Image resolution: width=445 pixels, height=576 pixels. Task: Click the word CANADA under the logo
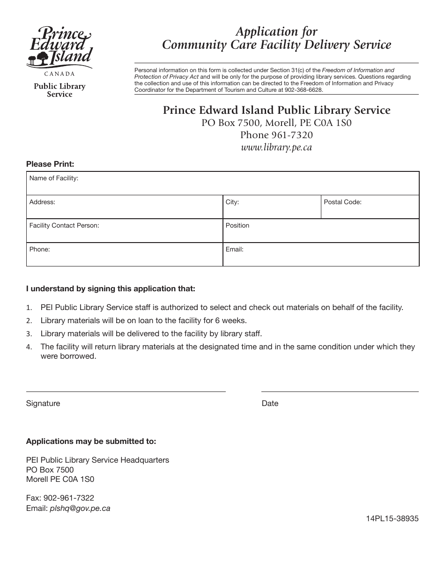(x=59, y=74)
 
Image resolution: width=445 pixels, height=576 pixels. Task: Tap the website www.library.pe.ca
(x=276, y=147)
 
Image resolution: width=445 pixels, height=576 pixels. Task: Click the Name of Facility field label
(x=54, y=178)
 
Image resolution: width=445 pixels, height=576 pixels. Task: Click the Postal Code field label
(x=342, y=202)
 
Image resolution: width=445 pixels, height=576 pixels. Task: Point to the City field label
(x=232, y=202)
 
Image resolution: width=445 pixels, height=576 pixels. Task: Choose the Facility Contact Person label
(x=64, y=225)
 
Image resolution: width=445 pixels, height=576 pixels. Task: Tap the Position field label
(x=237, y=225)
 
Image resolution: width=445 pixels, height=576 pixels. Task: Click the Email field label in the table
(x=234, y=249)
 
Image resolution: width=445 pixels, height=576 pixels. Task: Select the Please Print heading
(x=50, y=164)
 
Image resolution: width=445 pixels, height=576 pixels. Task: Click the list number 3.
(x=29, y=334)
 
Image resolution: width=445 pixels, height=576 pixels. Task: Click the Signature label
(x=43, y=403)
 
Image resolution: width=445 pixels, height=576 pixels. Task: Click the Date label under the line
(x=270, y=403)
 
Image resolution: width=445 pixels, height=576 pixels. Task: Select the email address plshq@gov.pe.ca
(x=80, y=508)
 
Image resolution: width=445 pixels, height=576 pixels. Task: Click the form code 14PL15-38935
(x=393, y=518)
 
